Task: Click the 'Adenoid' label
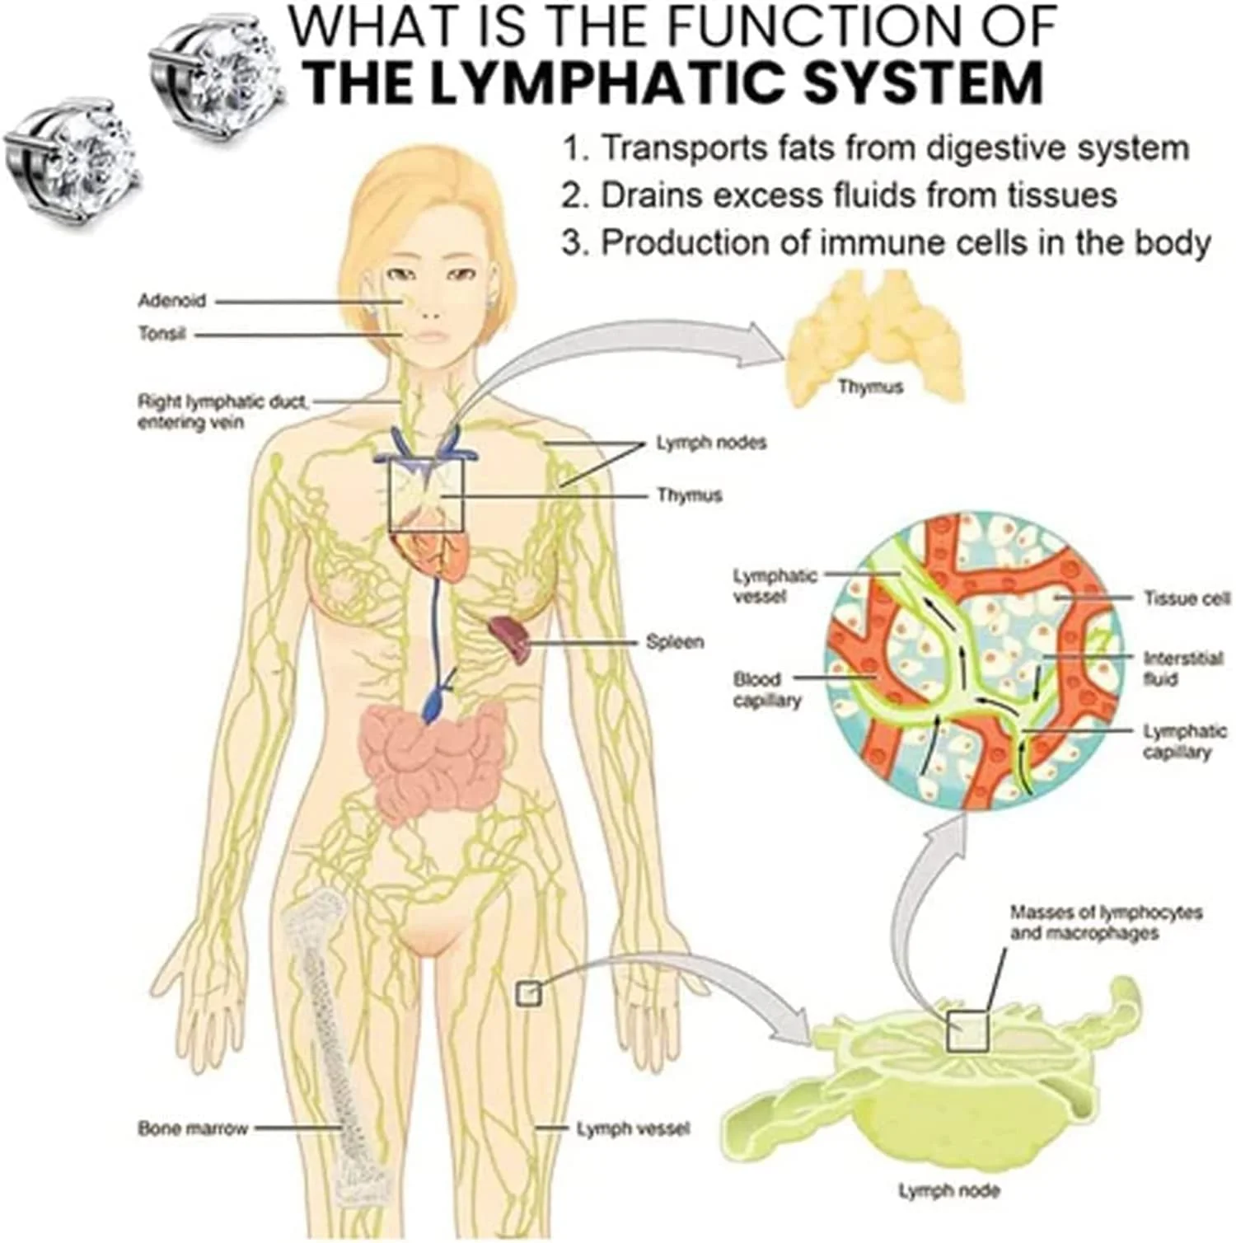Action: click(x=171, y=301)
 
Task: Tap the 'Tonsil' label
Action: click(x=162, y=334)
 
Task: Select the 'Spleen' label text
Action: click(x=675, y=642)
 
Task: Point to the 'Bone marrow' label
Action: click(x=193, y=1128)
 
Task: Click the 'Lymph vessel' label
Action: click(x=633, y=1128)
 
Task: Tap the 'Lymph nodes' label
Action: click(x=711, y=443)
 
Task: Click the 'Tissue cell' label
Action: click(x=1187, y=598)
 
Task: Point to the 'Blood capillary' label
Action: click(x=767, y=690)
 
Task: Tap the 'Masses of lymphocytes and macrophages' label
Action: click(x=1106, y=922)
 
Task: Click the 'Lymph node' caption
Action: click(x=948, y=1190)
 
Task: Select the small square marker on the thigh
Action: click(x=528, y=993)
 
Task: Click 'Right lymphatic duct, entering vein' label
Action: click(x=222, y=412)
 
